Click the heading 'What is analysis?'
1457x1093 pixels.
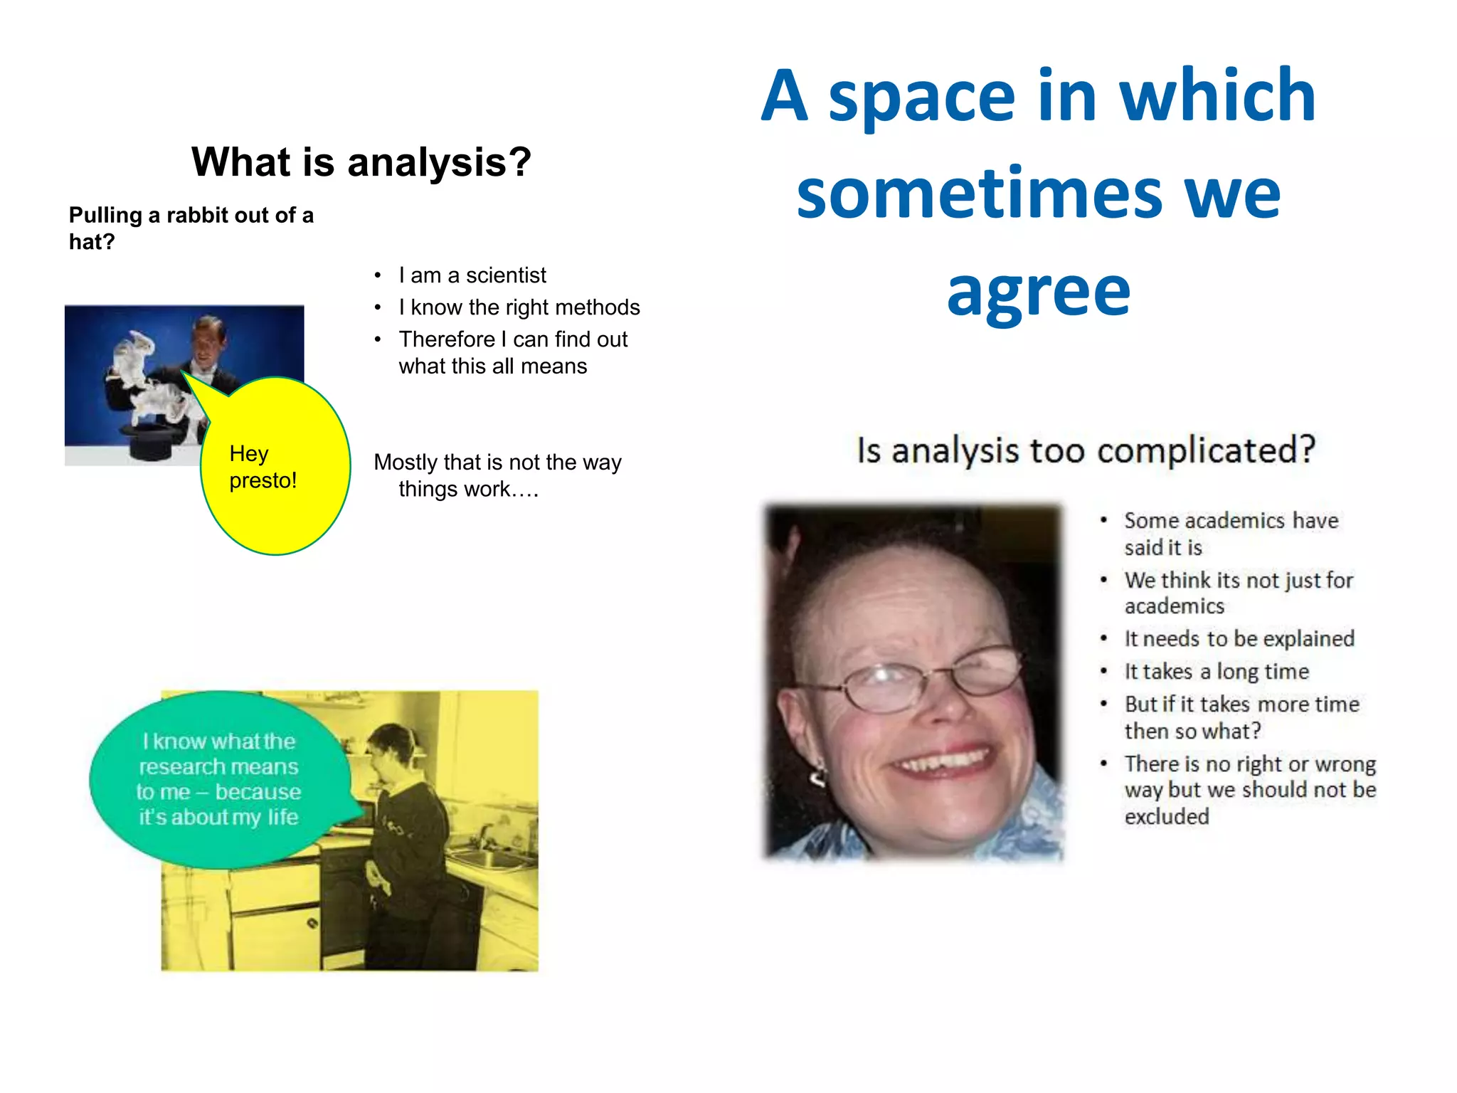click(361, 162)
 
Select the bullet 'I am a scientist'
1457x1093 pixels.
click(472, 275)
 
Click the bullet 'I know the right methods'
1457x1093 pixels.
click(519, 307)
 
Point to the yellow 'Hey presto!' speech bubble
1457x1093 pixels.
click(276, 466)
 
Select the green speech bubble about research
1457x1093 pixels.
click(218, 780)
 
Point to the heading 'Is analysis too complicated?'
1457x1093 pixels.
click(1086, 450)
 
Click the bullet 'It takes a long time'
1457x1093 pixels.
click(1217, 672)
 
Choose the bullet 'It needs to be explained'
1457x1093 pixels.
click(1239, 639)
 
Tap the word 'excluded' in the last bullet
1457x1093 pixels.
click(1167, 816)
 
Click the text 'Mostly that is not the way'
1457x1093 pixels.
click(497, 463)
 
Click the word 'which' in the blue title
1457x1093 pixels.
click(1217, 96)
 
